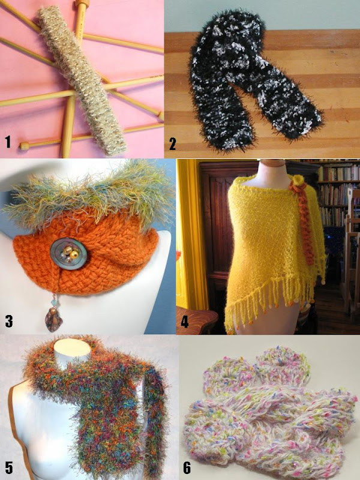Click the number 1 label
[x=8, y=142]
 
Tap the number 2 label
[x=173, y=144]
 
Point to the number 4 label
[x=185, y=322]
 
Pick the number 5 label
[x=9, y=468]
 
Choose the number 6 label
[x=187, y=468]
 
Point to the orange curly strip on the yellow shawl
[x=303, y=225]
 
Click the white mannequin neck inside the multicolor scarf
[x=72, y=352]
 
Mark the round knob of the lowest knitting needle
[x=25, y=145]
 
